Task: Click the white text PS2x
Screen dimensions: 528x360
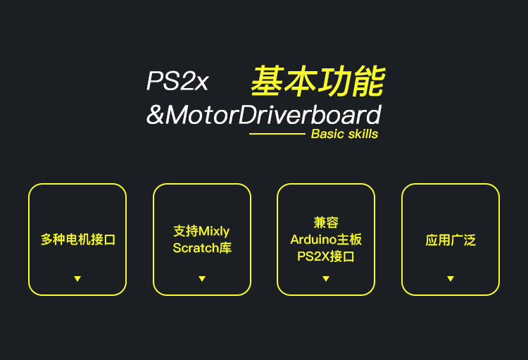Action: [x=177, y=82]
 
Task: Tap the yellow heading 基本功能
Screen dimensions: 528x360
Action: [x=318, y=82]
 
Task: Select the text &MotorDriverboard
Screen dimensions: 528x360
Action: [x=264, y=115]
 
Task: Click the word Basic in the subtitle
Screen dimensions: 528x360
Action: [x=327, y=134]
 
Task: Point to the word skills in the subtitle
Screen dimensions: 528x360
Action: [x=363, y=134]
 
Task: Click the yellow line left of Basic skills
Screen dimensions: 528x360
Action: [x=277, y=134]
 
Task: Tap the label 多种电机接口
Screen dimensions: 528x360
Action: [x=77, y=240]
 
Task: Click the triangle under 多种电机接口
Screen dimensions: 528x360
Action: [x=77, y=279]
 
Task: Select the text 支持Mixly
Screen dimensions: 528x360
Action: [x=201, y=231]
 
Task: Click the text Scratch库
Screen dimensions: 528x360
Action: [x=202, y=248]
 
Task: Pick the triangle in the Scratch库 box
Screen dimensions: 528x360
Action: [x=202, y=279]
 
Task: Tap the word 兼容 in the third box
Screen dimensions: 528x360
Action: [x=326, y=223]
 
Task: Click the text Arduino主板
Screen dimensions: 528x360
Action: [x=326, y=240]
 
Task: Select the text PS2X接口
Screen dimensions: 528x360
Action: [x=326, y=256]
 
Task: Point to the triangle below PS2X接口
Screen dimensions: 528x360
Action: [x=326, y=279]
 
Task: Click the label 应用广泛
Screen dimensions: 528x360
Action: [x=451, y=240]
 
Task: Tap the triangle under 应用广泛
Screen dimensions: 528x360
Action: [x=451, y=279]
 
